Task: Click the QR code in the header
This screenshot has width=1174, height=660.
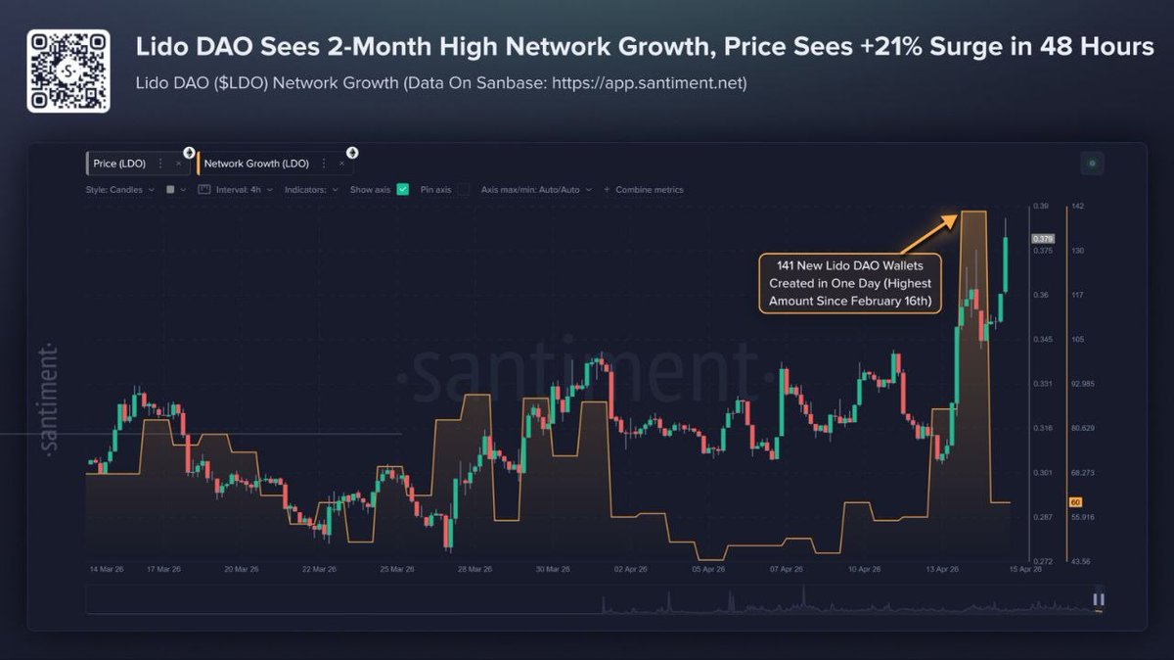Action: coord(66,70)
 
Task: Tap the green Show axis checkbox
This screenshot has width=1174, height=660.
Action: coord(402,189)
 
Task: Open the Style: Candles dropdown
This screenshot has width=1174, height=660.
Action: coord(119,189)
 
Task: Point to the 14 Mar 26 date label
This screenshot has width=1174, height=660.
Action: coord(106,569)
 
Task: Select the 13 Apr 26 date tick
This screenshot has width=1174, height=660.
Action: coord(942,569)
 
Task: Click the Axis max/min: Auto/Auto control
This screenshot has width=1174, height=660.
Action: coord(536,189)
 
